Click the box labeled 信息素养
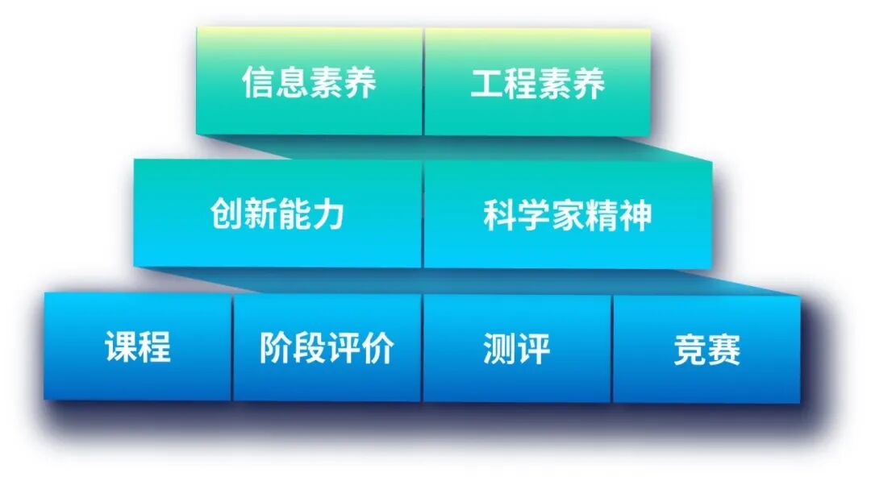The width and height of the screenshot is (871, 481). click(x=310, y=82)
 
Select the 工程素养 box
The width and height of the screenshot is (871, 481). click(x=537, y=82)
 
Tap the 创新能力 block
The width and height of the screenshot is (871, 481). click(x=277, y=214)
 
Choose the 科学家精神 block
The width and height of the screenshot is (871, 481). click(x=567, y=214)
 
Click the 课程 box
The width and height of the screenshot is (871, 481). click(x=138, y=347)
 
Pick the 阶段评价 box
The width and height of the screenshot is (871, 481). click(x=327, y=347)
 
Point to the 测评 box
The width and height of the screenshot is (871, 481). click(x=517, y=347)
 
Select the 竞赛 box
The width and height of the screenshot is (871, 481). click(x=706, y=349)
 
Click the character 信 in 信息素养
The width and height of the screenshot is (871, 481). click(x=259, y=83)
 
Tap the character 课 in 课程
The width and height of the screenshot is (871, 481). click(x=121, y=348)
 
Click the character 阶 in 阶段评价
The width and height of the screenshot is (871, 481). click(x=276, y=348)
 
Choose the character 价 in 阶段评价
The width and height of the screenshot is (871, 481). click(x=377, y=348)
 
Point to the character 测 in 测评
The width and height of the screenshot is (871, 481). click(x=500, y=348)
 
